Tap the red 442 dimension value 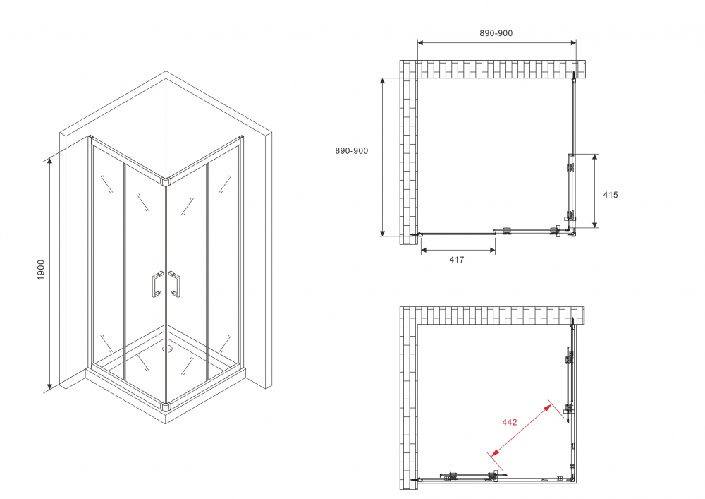[509, 423]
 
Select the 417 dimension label [456, 260]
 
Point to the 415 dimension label [611, 195]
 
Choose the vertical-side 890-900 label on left [351, 150]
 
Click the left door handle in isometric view [155, 284]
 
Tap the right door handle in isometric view [175, 284]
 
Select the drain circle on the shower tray [168, 348]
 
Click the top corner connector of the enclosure [166, 182]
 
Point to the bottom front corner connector [166, 407]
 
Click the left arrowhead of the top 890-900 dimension [421, 42]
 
